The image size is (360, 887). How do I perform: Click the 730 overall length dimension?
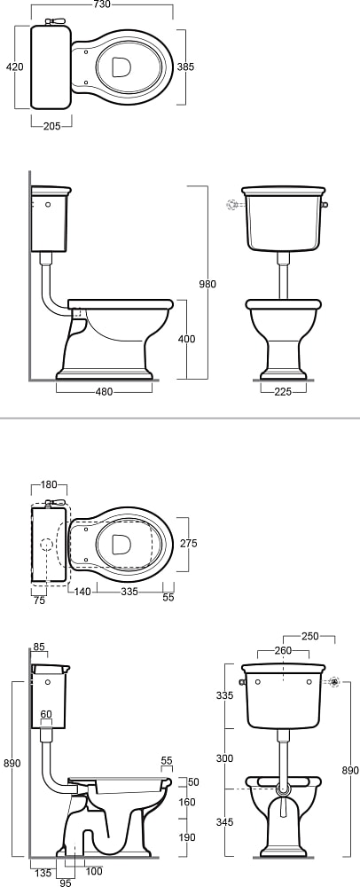tap(103, 4)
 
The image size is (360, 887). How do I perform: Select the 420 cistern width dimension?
tap(15, 67)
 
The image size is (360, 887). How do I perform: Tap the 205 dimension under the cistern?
tap(52, 126)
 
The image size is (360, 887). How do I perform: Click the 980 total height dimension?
tap(207, 284)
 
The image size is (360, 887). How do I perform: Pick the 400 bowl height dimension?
tap(186, 339)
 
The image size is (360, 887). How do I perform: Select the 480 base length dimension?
tap(105, 391)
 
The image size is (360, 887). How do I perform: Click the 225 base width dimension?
tap(282, 391)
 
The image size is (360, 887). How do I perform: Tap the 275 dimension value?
tap(188, 543)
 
